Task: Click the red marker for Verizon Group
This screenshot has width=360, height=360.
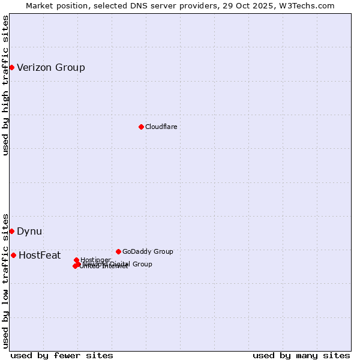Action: [11, 67]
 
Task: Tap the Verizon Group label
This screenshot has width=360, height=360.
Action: [51, 67]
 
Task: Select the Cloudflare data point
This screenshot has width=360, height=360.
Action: [141, 127]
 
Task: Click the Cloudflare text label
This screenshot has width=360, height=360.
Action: [161, 127]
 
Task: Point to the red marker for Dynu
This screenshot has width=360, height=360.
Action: [11, 231]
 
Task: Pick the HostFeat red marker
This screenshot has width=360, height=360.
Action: [13, 255]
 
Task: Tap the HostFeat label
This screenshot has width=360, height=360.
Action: [40, 255]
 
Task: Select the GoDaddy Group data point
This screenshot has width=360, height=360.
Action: [118, 251]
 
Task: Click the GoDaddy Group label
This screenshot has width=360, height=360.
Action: [148, 251]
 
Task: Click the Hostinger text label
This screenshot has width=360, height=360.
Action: [95, 260]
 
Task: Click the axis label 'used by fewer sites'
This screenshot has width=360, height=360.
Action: [62, 355]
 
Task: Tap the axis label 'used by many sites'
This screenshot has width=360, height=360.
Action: [301, 355]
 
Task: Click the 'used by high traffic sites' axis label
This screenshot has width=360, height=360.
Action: [5, 85]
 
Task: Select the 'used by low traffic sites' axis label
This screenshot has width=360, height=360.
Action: [5, 280]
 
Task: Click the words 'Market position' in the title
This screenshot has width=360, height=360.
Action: [55, 5]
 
